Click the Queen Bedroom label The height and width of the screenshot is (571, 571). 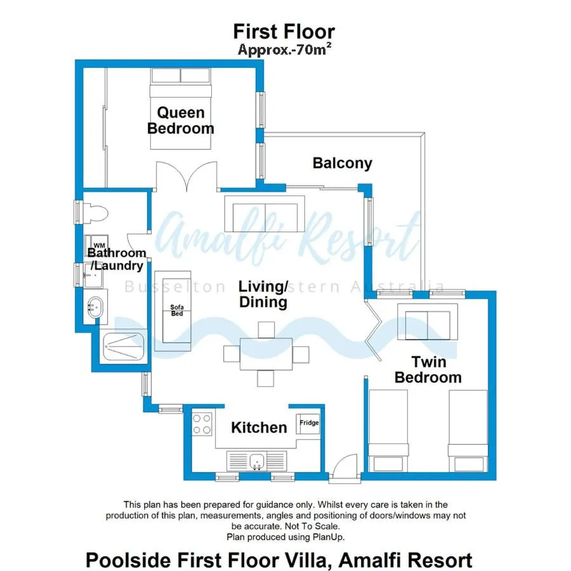[181, 121]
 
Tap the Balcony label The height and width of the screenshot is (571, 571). [342, 163]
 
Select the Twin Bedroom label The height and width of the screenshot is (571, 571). [428, 370]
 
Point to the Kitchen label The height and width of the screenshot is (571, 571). [259, 428]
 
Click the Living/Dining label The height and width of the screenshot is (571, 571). [263, 294]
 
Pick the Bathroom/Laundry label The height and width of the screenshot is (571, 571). [117, 259]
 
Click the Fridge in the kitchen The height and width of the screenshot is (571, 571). [309, 423]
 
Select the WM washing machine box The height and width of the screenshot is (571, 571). [99, 245]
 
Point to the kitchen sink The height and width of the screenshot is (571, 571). [256, 460]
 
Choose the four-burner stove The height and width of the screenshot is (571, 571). [202, 424]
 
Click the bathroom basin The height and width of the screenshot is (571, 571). [95, 307]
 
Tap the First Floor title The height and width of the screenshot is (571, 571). [284, 31]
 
